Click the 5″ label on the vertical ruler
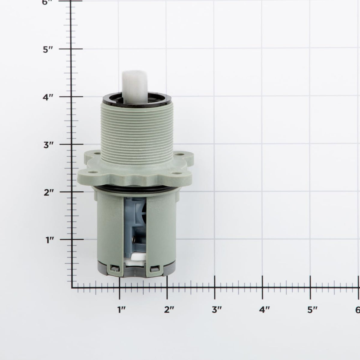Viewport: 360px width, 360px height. [48, 50]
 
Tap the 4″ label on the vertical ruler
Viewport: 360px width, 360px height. [48, 97]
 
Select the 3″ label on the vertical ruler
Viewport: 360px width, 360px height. [49, 145]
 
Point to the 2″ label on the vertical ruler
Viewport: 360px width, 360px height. [49, 193]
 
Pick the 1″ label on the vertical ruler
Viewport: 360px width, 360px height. [50, 240]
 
